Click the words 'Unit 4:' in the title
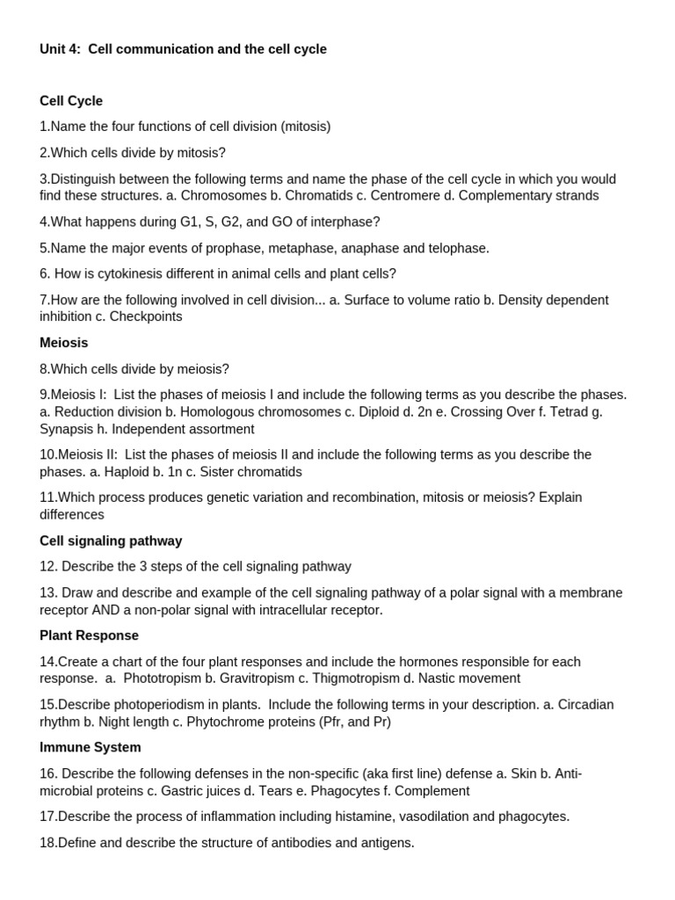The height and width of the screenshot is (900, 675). tap(61, 49)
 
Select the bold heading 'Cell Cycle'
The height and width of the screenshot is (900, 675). tap(71, 101)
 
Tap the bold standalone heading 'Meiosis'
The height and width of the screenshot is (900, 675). tap(64, 343)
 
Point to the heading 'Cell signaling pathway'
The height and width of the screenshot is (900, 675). tap(111, 541)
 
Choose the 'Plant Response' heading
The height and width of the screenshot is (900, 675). tap(89, 635)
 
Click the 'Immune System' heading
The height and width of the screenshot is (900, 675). tap(91, 747)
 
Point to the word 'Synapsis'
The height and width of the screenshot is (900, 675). tap(66, 429)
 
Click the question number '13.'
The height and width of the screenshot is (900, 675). tap(49, 592)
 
